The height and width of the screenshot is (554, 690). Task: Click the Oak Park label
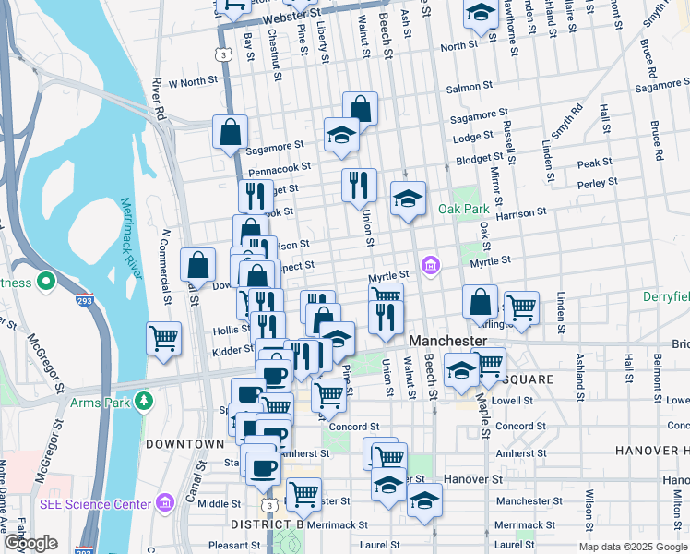tap(463, 209)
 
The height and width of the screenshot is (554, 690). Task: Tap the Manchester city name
tap(447, 341)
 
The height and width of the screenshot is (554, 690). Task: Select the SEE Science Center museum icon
tap(165, 503)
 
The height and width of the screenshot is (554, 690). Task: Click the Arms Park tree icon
tap(143, 400)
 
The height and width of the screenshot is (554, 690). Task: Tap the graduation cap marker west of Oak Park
tap(408, 199)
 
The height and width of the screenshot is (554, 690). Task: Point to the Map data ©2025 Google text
tap(633, 547)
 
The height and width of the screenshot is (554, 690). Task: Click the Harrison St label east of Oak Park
tap(521, 214)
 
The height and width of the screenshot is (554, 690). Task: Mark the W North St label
tap(190, 81)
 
